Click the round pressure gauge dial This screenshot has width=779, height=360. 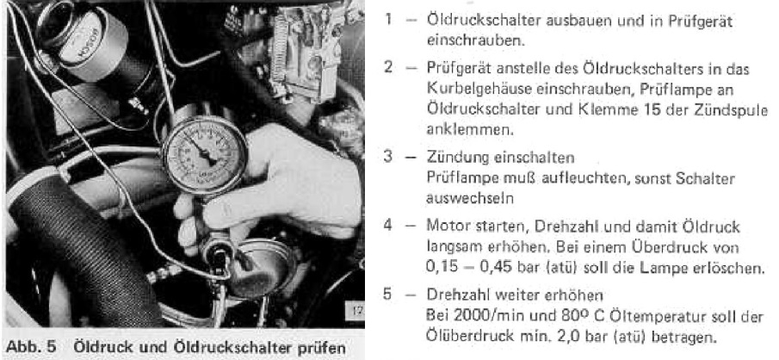point(205,155)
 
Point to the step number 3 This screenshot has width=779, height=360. point(388,157)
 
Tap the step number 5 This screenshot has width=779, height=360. point(388,294)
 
